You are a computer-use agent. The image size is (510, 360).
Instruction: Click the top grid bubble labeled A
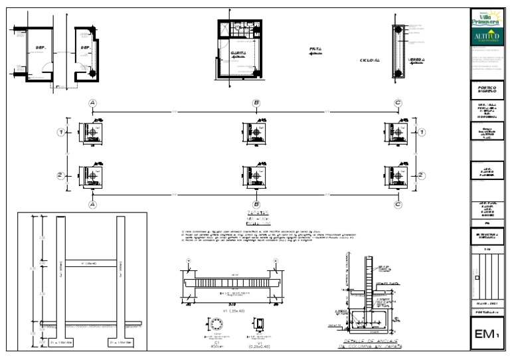point(93,103)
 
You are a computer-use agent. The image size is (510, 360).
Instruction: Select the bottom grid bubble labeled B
point(256,205)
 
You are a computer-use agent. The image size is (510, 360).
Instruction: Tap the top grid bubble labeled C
point(397,103)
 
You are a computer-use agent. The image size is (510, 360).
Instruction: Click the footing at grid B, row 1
point(256,132)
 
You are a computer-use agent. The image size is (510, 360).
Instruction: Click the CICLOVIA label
point(369,60)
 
